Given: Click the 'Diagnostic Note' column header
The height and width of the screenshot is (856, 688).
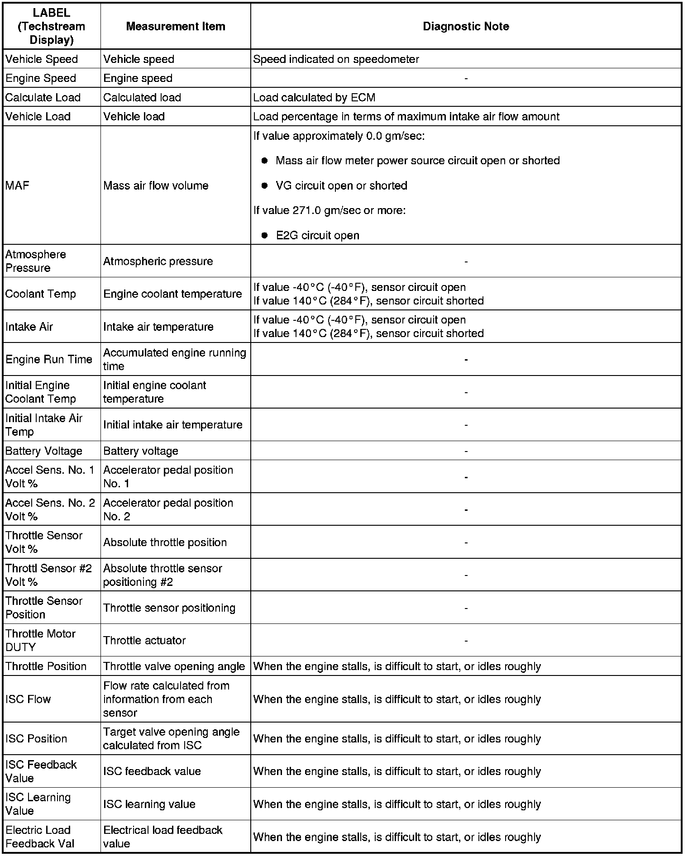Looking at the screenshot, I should [466, 26].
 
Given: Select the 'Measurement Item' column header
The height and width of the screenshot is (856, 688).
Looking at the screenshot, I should [176, 26].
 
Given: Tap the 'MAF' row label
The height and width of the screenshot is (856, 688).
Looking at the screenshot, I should [17, 185].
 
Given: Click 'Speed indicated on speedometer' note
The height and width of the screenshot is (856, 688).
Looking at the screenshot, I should [336, 59].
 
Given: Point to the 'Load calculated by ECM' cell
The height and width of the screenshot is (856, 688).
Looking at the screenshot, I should [314, 97].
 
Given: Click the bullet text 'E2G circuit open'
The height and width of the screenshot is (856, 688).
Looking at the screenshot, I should [317, 235].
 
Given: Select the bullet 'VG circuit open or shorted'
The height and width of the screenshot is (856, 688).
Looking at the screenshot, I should [341, 185].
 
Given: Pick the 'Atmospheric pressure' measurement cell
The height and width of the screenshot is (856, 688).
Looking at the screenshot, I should [158, 261].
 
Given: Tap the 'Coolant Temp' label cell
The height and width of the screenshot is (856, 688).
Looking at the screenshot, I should [41, 294].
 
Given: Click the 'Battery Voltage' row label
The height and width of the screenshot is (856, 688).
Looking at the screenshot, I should [44, 451].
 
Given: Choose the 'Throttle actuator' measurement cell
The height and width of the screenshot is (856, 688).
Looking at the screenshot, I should [144, 640].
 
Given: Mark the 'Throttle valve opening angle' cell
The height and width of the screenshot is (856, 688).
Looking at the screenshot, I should [174, 666].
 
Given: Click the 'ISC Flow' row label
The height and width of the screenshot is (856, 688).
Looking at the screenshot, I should [28, 699].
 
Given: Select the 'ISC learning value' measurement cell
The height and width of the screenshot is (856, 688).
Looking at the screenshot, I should [149, 804].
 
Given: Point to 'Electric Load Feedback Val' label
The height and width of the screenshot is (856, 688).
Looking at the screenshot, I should [40, 837].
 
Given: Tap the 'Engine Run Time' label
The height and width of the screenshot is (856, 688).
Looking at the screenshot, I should [49, 359].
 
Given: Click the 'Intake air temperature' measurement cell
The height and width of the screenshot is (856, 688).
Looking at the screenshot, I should [158, 327].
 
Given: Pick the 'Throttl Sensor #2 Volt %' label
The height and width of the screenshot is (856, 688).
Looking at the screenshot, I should [48, 575].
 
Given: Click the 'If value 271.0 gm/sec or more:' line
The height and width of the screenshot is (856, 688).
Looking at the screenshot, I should [329, 210].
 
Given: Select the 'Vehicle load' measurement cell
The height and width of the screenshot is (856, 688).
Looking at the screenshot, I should [134, 116].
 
